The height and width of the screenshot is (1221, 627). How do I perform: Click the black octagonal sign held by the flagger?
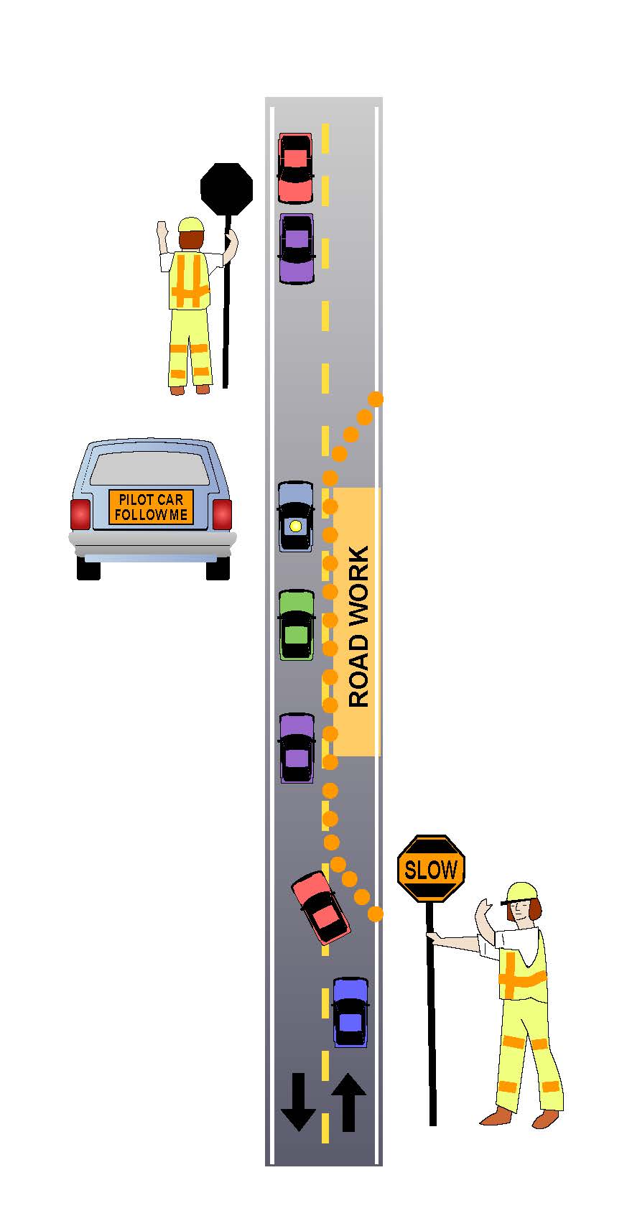226,188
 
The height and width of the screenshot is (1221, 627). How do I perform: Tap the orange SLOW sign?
431,869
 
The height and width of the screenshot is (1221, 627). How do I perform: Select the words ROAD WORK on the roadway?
358,625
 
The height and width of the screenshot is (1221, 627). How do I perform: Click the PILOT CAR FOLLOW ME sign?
151,507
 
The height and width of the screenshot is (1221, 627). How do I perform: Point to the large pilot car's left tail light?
80,514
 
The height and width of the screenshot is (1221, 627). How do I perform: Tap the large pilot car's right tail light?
222,514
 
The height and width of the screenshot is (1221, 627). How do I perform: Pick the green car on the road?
296,625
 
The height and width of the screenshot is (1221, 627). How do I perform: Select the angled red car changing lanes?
320,907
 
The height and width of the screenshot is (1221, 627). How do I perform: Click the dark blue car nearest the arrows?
350,1011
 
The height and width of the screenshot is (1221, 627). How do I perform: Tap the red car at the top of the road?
295,168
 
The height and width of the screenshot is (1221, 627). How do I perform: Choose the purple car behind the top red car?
296,248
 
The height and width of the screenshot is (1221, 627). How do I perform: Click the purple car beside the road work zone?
296,748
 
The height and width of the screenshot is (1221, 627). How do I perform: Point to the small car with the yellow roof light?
295,516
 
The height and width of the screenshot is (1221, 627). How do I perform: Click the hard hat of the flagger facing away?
192,224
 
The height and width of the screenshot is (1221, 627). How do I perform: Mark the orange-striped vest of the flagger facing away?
189,282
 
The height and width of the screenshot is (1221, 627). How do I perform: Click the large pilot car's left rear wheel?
88,567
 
